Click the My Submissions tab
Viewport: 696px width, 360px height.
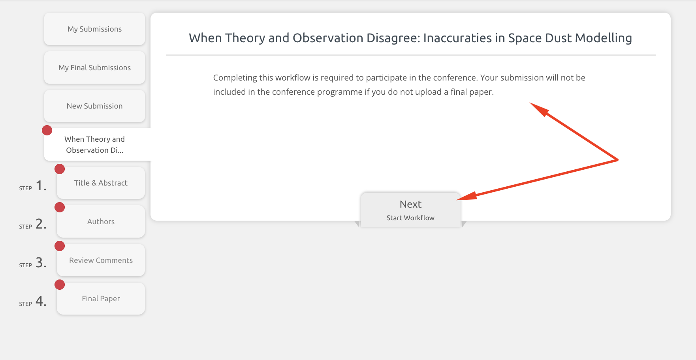tap(94, 29)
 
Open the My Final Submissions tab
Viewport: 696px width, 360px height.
tap(94, 67)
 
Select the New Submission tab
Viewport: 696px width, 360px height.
tap(94, 106)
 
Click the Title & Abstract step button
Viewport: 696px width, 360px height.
tap(101, 183)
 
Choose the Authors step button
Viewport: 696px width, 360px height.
tap(101, 221)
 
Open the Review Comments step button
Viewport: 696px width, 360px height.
tap(101, 260)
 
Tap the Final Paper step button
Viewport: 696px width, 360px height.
tap(101, 298)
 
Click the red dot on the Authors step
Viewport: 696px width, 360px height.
tap(60, 207)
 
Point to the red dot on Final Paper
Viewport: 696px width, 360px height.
tap(60, 285)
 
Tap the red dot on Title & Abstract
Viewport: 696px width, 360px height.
tap(60, 169)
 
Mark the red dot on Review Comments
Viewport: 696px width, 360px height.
tap(60, 246)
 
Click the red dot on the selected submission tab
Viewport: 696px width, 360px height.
tap(47, 130)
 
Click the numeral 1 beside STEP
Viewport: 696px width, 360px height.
tap(41, 185)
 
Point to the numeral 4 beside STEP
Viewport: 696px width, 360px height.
tap(41, 301)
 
